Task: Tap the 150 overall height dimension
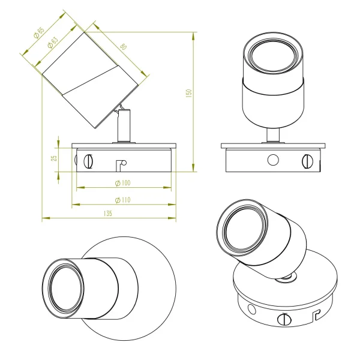188,95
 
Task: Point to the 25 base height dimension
53,158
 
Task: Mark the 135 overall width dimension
108,213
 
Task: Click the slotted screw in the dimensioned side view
90,161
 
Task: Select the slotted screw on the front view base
308,160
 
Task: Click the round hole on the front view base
274,160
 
